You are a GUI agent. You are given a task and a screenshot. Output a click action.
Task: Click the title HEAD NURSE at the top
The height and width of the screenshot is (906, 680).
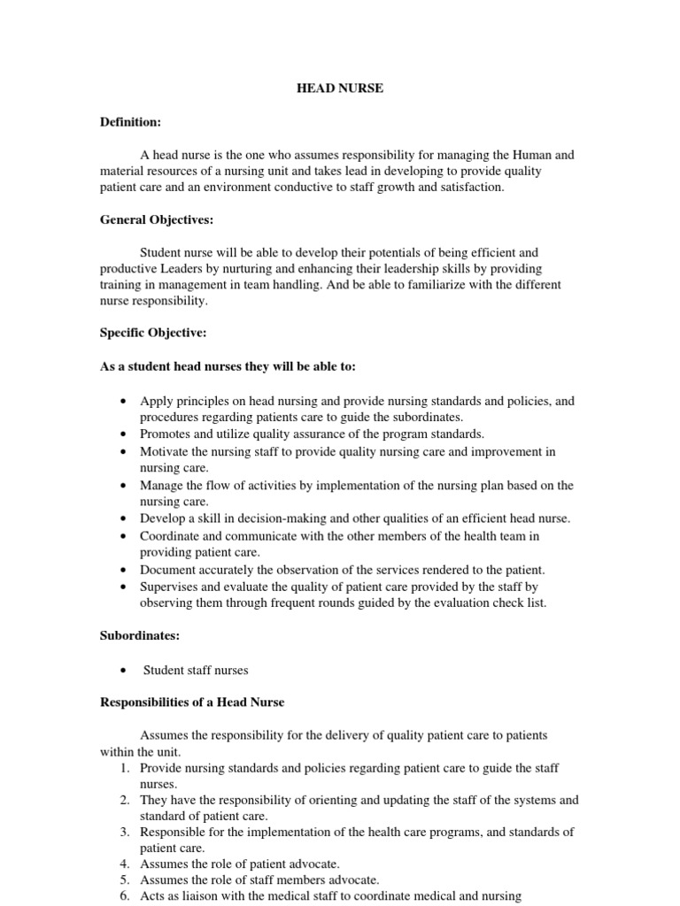(339, 88)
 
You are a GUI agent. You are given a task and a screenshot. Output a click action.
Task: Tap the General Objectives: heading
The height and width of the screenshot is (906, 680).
(157, 219)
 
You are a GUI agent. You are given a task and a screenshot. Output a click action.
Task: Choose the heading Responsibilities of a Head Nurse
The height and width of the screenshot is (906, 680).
(191, 703)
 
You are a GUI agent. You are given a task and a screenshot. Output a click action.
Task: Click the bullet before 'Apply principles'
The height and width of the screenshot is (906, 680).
(120, 401)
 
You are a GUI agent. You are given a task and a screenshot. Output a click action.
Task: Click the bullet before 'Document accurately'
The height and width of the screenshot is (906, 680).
(120, 569)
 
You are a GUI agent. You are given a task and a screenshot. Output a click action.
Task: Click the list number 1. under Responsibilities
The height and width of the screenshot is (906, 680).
(124, 768)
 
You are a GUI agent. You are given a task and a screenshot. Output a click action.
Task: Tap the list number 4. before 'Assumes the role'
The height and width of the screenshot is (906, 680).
(124, 864)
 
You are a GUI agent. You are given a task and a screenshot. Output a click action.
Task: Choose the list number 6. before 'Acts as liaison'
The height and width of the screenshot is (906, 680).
(124, 896)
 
